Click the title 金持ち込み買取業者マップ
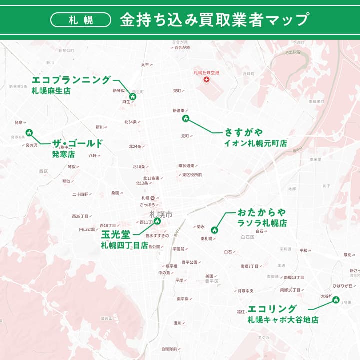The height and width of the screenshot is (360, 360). point(214,20)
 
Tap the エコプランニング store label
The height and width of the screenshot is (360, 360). point(71,80)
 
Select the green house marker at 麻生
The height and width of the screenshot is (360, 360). point(133,96)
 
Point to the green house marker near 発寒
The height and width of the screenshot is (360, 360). point(29,133)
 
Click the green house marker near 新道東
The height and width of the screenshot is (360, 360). point(186,118)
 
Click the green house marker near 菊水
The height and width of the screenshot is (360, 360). point(214,230)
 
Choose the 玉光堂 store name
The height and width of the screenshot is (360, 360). point(116,234)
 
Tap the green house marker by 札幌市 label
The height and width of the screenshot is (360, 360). point(157,221)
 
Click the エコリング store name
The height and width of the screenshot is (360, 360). point(272,309)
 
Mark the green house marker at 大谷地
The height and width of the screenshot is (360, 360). point(336,300)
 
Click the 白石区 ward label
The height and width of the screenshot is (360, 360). point(247,237)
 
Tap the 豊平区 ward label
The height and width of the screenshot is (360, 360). point(212,281)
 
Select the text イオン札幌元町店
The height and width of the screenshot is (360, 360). point(256,143)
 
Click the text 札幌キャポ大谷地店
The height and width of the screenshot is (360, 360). point(283,320)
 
